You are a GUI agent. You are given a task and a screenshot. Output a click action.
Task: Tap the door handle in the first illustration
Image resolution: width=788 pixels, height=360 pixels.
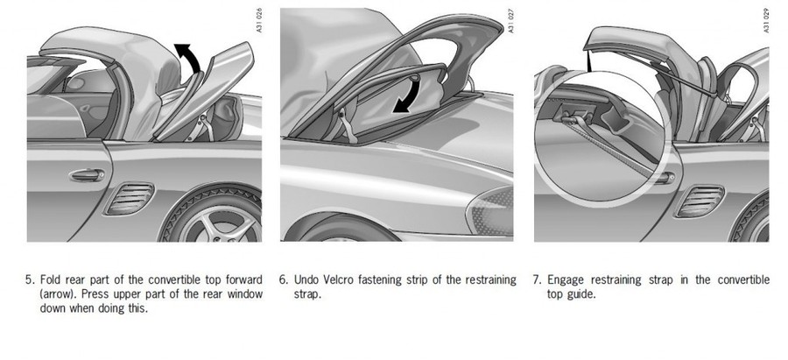pos(87,175)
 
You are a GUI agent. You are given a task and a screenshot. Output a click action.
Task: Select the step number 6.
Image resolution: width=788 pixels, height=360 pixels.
pos(284,279)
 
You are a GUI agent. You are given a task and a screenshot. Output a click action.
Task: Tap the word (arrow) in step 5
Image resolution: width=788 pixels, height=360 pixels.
pos(60,294)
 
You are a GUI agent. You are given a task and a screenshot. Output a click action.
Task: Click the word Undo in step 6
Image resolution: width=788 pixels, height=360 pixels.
pos(306,279)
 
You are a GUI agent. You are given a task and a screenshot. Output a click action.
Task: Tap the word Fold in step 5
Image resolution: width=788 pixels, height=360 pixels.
pos(51,279)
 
